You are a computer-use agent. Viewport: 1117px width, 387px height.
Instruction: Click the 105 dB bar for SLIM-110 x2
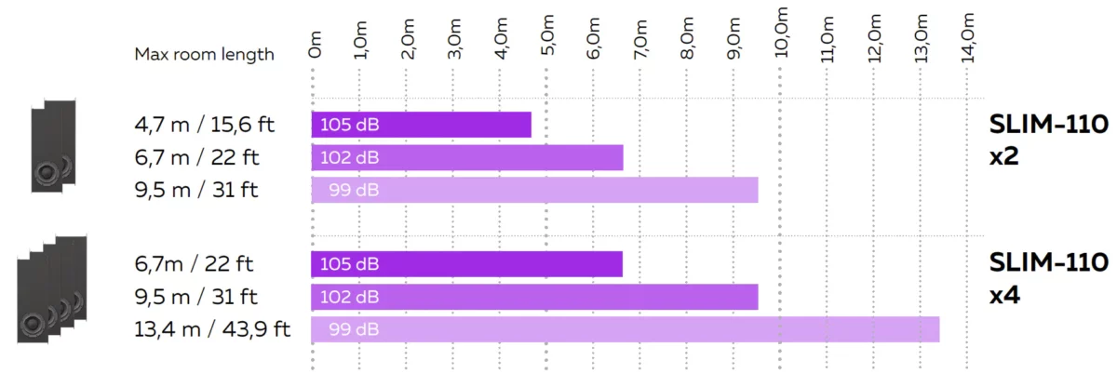coord(421,125)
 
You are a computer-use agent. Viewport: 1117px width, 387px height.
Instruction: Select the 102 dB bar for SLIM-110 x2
coord(466,157)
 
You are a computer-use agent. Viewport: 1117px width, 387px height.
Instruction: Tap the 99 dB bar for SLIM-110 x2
coord(534,190)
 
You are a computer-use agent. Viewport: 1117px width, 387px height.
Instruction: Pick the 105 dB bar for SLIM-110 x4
coord(466,264)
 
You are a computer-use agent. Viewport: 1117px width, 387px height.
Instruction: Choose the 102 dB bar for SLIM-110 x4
coord(534,297)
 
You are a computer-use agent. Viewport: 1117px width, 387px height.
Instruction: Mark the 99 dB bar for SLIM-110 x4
coord(625,329)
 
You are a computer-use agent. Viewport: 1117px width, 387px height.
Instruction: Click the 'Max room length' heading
coord(205,54)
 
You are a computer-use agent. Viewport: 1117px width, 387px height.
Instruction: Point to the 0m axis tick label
coord(315,45)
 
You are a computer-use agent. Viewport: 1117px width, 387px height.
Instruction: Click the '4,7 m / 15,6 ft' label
coord(205,124)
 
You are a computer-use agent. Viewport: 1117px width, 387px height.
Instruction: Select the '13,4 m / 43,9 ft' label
coord(212,329)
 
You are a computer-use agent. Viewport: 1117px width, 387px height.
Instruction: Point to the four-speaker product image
coord(52,288)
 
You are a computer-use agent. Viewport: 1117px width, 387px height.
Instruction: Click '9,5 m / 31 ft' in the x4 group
coord(196,297)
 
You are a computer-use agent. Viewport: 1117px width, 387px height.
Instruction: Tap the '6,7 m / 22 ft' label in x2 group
coord(196,157)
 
